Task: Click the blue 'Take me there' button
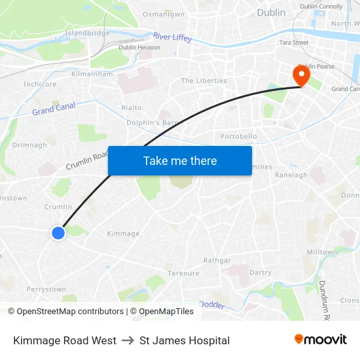179,160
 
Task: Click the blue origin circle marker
58,232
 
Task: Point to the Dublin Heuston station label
139,47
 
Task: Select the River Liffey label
172,37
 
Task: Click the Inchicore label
40,84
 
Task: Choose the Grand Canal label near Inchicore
54,108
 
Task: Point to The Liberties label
204,81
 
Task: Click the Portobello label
238,136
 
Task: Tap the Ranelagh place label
291,175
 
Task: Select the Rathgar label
217,260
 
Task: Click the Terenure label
183,273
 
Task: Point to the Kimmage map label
123,233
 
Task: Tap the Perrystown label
46,289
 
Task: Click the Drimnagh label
29,145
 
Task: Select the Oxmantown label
163,14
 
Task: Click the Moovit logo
320,339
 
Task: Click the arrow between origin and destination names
128,340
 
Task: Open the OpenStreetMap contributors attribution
65,312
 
